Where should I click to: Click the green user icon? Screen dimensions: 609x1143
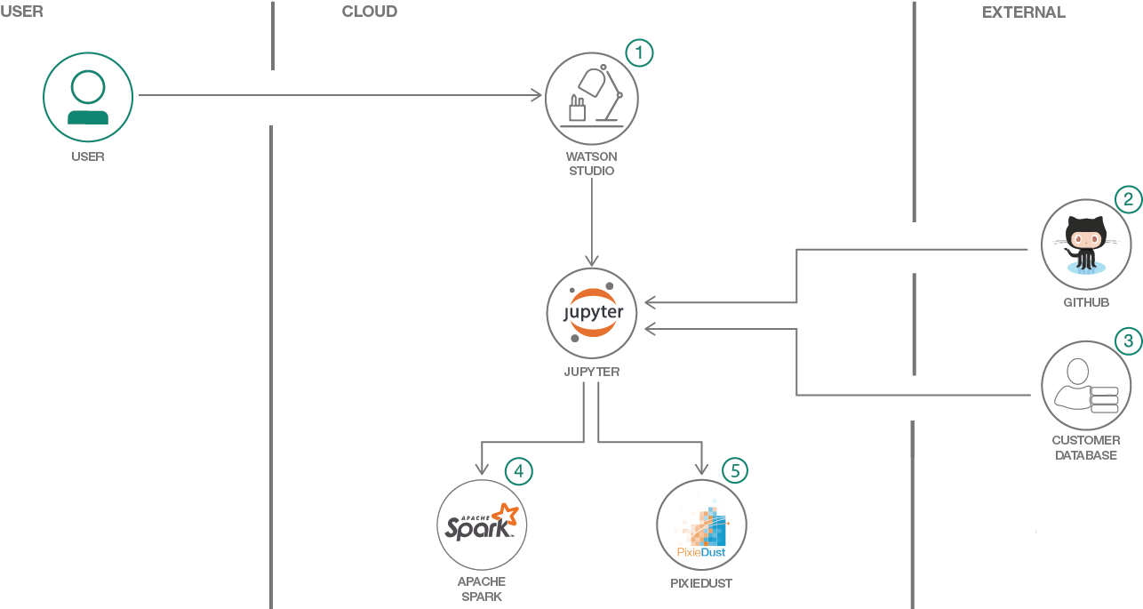click(88, 97)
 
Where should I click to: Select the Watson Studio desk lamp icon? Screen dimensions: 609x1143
click(591, 98)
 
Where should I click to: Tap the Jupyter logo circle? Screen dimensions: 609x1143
click(592, 313)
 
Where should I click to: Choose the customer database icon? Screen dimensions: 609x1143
click(1085, 386)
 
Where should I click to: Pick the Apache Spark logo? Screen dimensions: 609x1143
click(482, 525)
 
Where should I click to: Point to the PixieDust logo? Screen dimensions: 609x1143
click(701, 525)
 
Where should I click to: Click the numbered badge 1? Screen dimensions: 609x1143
click(638, 52)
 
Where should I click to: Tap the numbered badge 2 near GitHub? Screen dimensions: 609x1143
click(1127, 199)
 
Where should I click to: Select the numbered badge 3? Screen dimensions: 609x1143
click(1128, 341)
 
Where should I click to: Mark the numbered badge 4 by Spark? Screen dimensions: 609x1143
click(519, 470)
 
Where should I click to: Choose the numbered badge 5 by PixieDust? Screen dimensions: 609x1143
click(734, 470)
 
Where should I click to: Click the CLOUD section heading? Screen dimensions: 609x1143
click(369, 12)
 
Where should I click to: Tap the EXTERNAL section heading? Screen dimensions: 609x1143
click(1023, 12)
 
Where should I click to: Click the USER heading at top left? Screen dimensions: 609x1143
click(21, 12)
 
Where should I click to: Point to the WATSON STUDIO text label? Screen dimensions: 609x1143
click(592, 164)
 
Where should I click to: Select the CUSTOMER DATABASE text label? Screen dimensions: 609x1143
click(1086, 447)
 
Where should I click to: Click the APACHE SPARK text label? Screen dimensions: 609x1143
click(482, 589)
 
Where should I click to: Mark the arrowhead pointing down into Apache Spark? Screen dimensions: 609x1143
click(481, 469)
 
